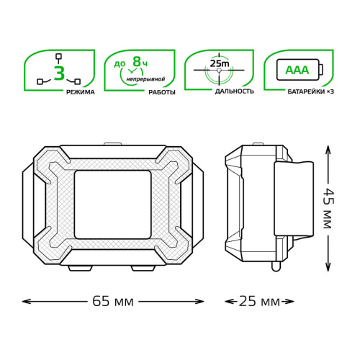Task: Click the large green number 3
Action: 59,73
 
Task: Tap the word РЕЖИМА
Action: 81,92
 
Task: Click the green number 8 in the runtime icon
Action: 137,62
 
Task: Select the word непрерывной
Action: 145,79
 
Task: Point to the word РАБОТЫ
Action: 162,92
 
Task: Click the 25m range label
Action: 220,63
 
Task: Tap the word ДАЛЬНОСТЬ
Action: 234,91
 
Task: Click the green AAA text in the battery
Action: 297,70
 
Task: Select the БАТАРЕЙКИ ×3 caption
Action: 310,91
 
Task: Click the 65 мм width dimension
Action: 113,302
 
